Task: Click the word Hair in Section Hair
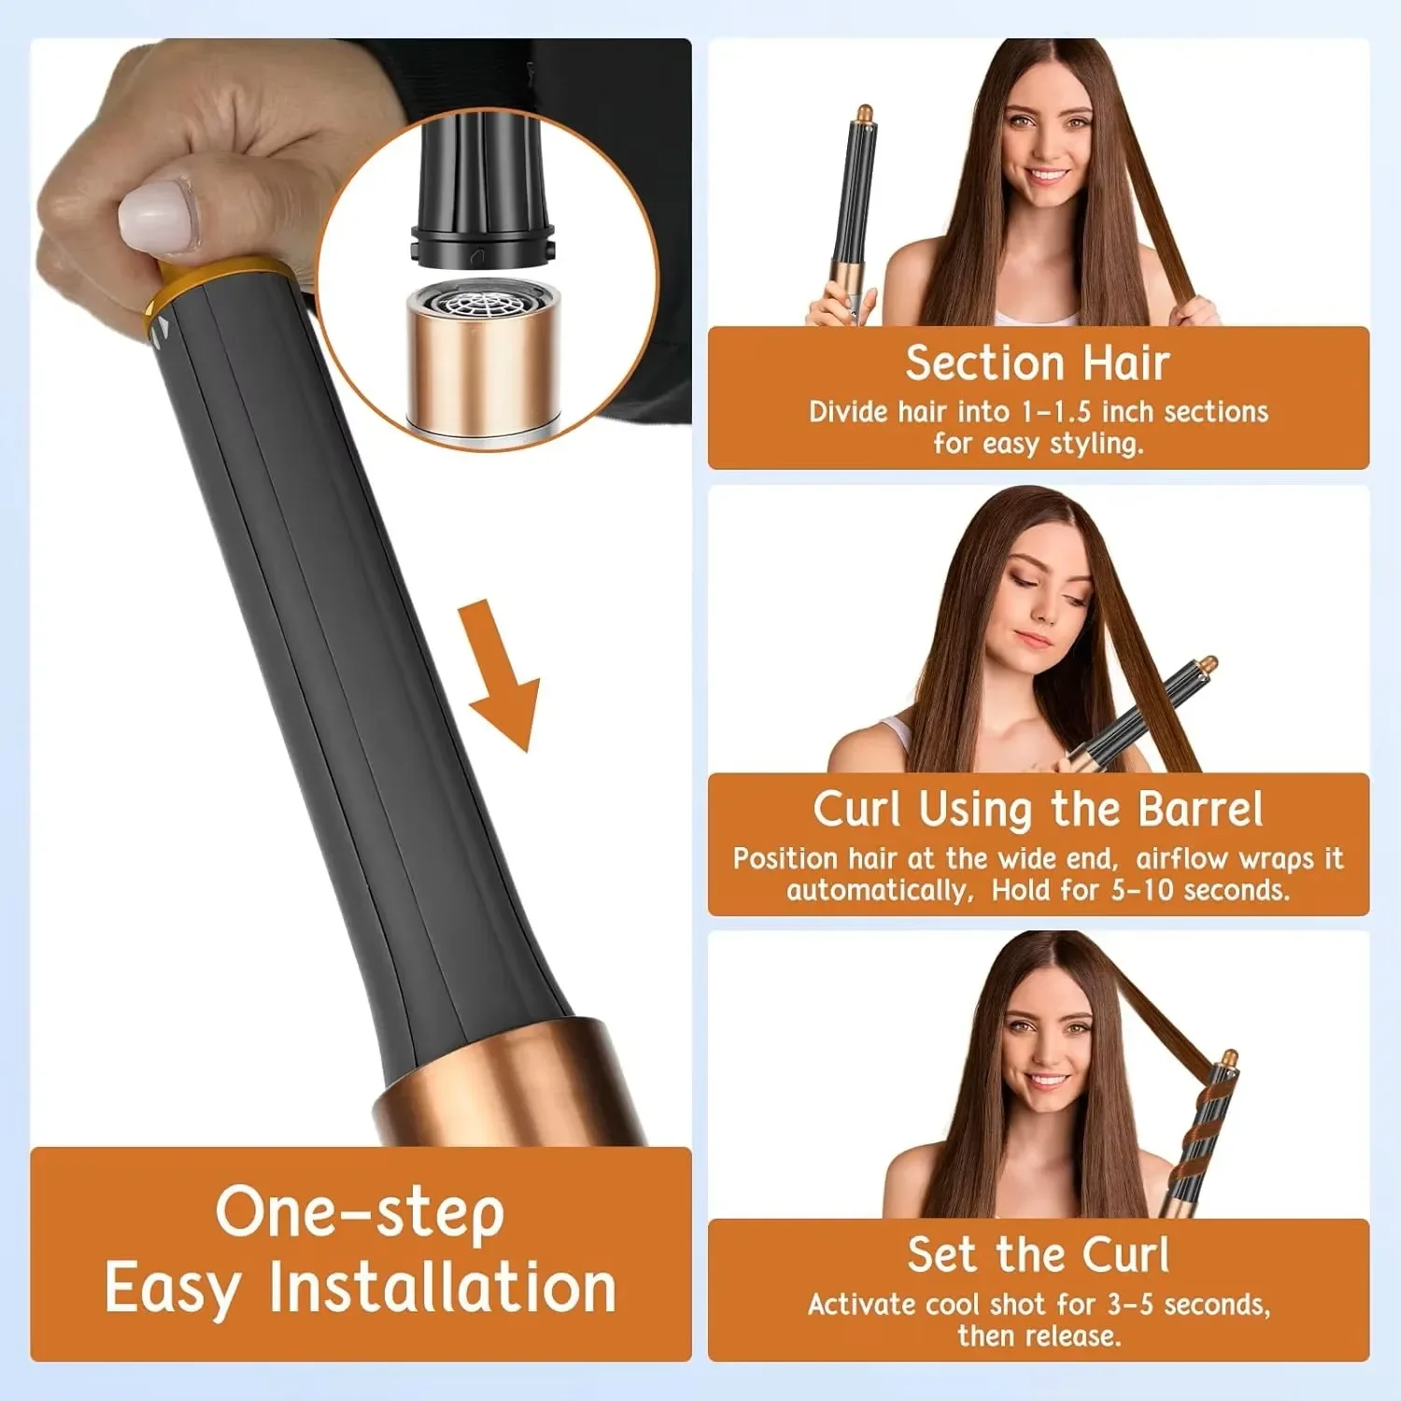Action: click(1126, 362)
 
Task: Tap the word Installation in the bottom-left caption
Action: click(443, 1288)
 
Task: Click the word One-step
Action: click(360, 1212)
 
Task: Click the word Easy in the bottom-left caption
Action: click(172, 1288)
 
